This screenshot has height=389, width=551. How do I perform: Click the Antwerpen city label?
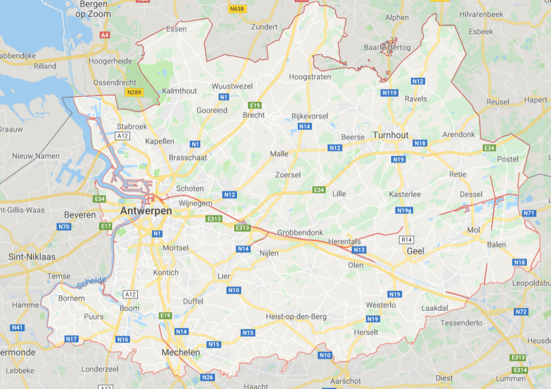click(147, 211)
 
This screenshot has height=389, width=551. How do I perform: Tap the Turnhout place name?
click(390, 135)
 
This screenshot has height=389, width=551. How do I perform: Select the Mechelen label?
click(180, 352)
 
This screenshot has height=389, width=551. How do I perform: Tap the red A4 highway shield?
click(104, 35)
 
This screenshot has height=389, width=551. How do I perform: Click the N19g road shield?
click(404, 210)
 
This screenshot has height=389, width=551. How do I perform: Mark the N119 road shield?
click(389, 93)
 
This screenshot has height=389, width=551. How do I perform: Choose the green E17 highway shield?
click(105, 227)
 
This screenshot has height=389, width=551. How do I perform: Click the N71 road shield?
click(529, 213)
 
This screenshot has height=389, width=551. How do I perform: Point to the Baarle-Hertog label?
click(387, 48)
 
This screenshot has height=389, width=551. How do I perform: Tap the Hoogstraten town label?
click(310, 77)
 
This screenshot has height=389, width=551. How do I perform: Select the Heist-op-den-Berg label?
click(296, 316)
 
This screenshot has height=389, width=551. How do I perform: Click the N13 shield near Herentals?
click(359, 250)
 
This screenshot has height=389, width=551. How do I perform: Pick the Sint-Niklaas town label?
click(32, 257)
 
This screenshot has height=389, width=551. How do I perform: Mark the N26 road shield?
click(208, 377)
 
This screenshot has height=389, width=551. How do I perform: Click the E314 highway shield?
click(520, 370)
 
